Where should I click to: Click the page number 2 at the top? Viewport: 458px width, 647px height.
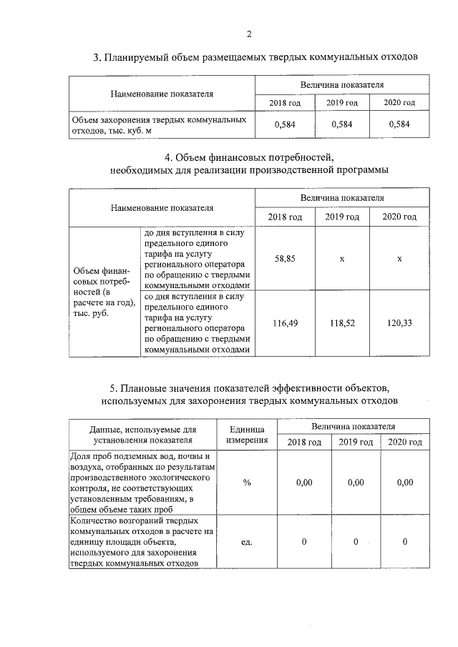[248, 34]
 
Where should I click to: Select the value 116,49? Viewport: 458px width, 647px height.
[285, 323]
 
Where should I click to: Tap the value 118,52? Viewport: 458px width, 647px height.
[342, 323]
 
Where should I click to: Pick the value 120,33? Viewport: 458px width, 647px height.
[399, 323]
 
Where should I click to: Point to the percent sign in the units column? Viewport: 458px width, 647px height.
[247, 483]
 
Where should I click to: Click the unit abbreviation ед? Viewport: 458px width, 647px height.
[247, 542]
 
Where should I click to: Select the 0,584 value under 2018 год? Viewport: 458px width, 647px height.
[285, 124]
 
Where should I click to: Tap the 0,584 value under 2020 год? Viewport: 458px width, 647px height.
[399, 124]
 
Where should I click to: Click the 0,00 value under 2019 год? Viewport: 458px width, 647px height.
[355, 483]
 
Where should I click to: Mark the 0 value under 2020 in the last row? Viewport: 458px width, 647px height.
[404, 542]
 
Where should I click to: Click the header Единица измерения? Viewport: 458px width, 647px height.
[247, 434]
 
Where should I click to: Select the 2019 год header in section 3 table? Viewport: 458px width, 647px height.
[342, 103]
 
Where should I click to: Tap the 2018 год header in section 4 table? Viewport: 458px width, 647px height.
[285, 217]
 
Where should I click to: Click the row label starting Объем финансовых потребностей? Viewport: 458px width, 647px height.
[104, 292]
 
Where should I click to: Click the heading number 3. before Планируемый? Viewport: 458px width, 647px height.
[97, 57]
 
